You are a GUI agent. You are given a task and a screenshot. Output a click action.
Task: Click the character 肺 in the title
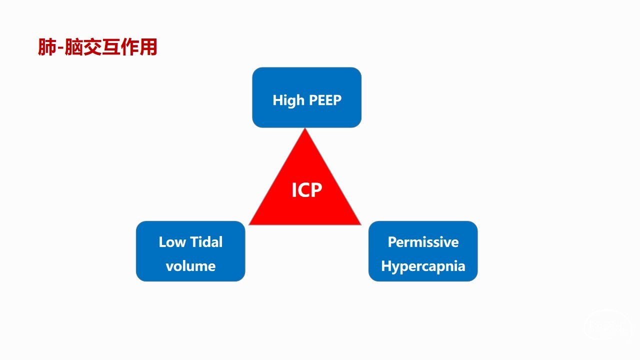tap(48, 47)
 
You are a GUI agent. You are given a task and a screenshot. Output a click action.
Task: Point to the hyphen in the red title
tap(61, 48)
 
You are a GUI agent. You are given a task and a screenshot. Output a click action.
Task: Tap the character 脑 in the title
tap(74, 47)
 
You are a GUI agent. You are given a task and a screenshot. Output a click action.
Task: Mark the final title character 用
tap(148, 47)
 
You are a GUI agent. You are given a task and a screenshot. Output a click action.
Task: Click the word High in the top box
tap(288, 100)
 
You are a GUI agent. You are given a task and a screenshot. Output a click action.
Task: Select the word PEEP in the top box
tap(325, 100)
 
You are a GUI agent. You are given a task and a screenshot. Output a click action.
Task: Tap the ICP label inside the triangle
tap(306, 190)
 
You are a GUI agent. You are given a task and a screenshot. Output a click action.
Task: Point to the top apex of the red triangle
tap(305, 129)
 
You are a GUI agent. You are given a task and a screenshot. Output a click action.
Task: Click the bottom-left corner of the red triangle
tap(250, 224)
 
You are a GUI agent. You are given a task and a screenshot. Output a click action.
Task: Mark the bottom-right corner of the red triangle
tap(360, 224)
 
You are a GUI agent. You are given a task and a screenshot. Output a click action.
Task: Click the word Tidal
tap(206, 242)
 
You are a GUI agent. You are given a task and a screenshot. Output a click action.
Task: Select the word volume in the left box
tap(190, 265)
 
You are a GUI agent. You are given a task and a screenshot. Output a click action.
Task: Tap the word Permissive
tap(423, 242)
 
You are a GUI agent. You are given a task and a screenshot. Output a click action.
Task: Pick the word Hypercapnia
tap(423, 265)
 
